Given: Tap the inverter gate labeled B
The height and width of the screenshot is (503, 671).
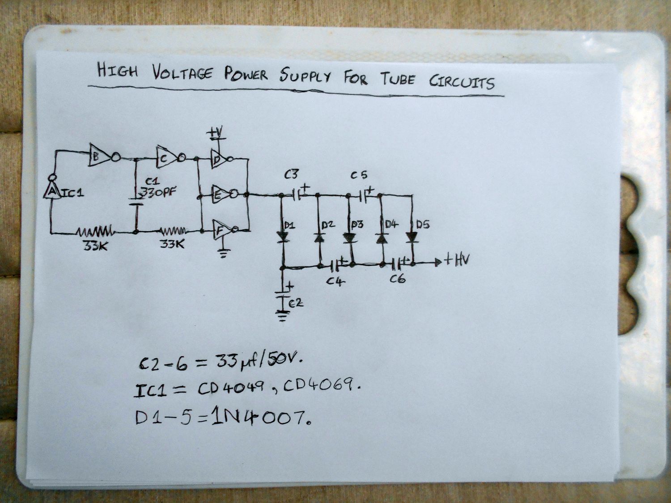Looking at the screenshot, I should (x=100, y=155).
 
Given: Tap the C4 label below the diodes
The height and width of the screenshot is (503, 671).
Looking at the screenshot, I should (x=334, y=282).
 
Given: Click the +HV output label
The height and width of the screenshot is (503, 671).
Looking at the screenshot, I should (x=456, y=261).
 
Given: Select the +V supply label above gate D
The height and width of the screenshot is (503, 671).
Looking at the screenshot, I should (x=217, y=133).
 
